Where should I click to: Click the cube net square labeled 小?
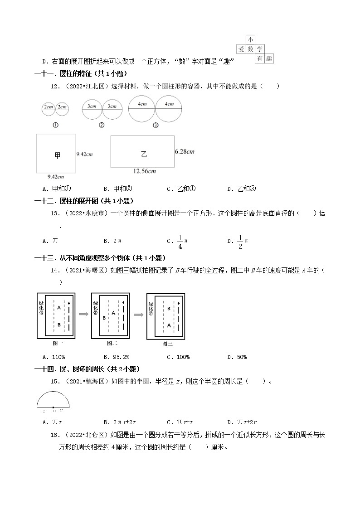click(250, 40)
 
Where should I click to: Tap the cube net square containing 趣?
click(269, 59)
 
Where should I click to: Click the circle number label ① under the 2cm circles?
click(55, 125)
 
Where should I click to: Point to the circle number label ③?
click(156, 126)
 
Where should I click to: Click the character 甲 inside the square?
click(57, 155)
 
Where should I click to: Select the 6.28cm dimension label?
click(185, 151)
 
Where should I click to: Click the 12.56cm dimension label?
click(145, 171)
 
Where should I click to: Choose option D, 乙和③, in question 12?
click(241, 189)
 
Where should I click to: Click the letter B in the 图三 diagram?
click(169, 309)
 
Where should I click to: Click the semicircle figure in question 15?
click(54, 400)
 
